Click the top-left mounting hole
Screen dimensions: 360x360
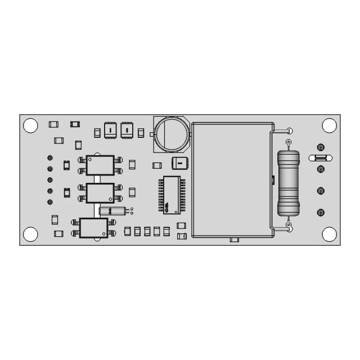coord(30,125)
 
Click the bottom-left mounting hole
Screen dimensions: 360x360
coord(30,233)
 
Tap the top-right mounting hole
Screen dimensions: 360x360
coord(328,125)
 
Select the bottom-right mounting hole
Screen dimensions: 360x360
coord(328,233)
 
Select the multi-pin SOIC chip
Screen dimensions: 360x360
coord(171,195)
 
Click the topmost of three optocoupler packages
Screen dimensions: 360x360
coord(100,165)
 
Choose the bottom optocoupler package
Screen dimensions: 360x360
coord(93,228)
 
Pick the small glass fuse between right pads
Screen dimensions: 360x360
coord(319,158)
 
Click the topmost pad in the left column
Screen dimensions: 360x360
coord(50,157)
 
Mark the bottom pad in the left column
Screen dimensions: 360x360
coord(50,201)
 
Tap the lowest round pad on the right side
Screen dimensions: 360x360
coord(321,213)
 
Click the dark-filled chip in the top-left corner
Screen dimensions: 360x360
coord(74,124)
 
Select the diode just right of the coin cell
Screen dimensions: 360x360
coord(179,164)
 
